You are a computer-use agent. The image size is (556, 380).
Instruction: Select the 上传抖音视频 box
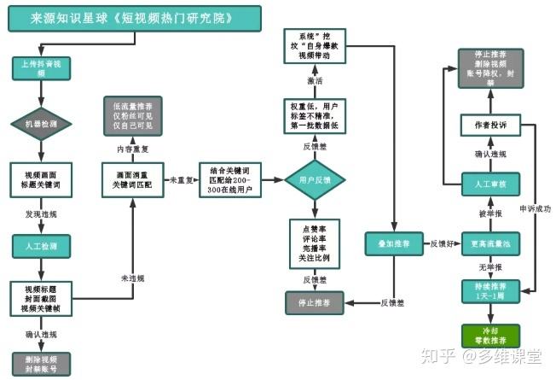(x=35, y=67)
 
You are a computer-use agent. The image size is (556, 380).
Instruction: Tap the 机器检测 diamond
(x=35, y=125)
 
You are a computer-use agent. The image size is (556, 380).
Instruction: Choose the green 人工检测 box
(x=35, y=246)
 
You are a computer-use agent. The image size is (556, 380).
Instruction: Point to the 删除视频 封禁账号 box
(x=35, y=364)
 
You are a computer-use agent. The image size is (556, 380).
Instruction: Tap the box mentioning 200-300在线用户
(x=229, y=179)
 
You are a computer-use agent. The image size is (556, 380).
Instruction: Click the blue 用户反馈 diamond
(x=313, y=179)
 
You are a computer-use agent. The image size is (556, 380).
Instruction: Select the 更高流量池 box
(x=490, y=244)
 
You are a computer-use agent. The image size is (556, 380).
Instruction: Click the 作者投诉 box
(x=490, y=126)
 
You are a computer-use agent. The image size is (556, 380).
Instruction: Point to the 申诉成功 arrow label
(x=536, y=208)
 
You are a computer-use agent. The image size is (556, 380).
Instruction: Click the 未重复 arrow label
(x=178, y=180)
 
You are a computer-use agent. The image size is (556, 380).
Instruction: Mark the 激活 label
(x=314, y=80)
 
